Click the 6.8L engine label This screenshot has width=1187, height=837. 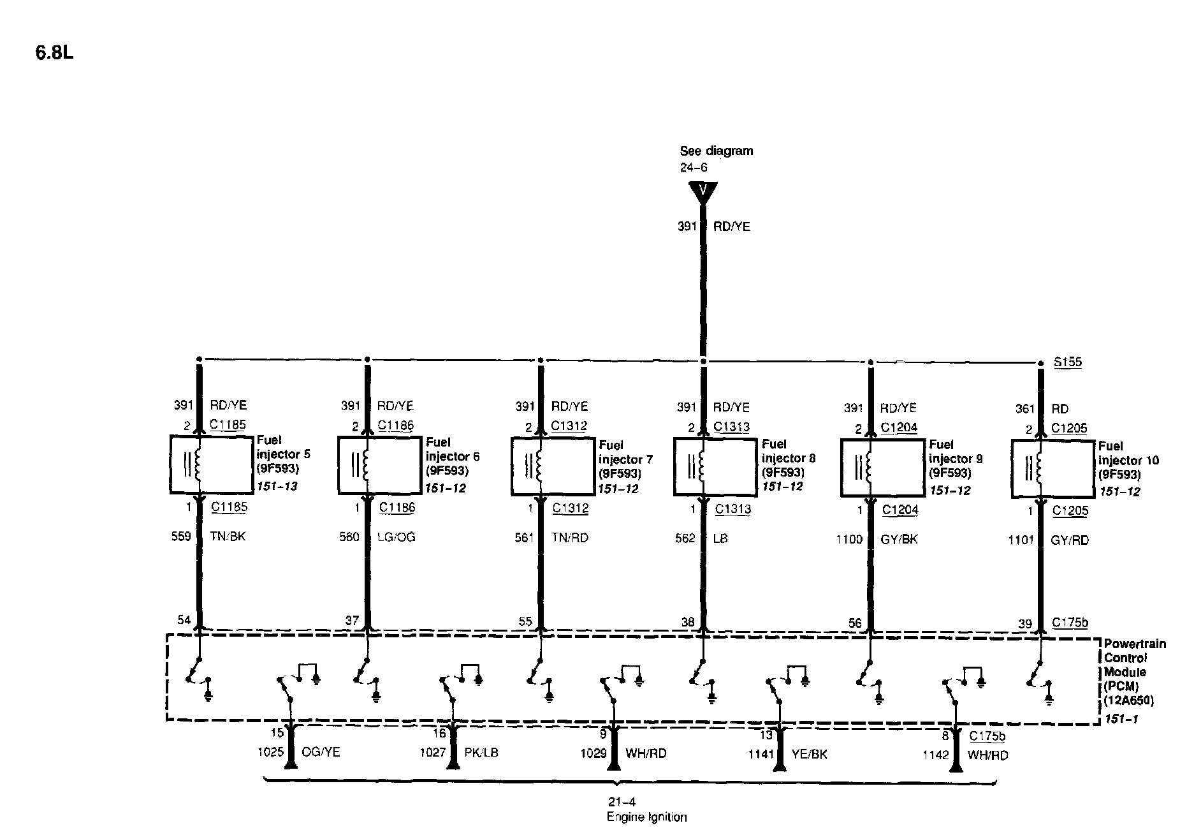pyautogui.click(x=54, y=53)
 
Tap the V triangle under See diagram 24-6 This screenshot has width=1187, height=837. pyautogui.click(x=703, y=191)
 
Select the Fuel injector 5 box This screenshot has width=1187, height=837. pyautogui.click(x=211, y=464)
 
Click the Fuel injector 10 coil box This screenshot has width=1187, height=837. pyautogui.click(x=1052, y=469)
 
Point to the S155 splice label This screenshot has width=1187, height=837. pyautogui.click(x=1067, y=362)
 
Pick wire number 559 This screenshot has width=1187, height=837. pyautogui.click(x=181, y=537)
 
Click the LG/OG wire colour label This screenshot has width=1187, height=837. pyautogui.click(x=396, y=537)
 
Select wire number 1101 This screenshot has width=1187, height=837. pyautogui.click(x=1021, y=540)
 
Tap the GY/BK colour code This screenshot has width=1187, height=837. pyautogui.click(x=899, y=539)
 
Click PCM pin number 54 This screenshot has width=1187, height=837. pyautogui.click(x=184, y=620)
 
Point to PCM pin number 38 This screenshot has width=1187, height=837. pyautogui.click(x=687, y=621)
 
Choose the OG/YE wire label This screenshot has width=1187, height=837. pyautogui.click(x=321, y=753)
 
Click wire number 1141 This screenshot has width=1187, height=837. pyautogui.click(x=761, y=754)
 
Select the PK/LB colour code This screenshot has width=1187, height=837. pyautogui.click(x=481, y=753)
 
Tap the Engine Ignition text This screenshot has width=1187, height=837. pyautogui.click(x=646, y=817)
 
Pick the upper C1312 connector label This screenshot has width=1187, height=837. pyautogui.click(x=569, y=426)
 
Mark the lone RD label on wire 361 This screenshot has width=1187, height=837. pyautogui.click(x=1060, y=409)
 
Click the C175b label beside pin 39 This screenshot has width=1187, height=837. pyautogui.click(x=1070, y=623)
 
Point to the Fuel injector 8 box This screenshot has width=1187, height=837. pyautogui.click(x=715, y=466)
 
